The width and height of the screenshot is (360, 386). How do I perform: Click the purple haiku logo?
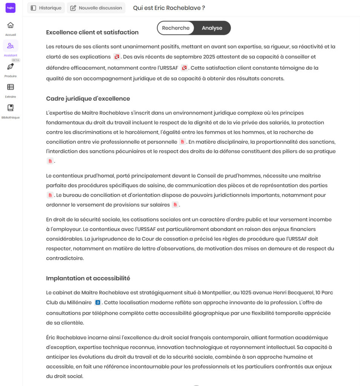(11, 8)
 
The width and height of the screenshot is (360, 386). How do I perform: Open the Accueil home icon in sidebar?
(11, 25)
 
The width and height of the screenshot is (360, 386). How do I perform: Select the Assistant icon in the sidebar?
(11, 46)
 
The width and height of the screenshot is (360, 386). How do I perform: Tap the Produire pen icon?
(11, 67)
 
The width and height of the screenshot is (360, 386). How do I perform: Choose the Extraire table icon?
(11, 87)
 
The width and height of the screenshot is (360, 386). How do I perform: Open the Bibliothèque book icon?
(11, 108)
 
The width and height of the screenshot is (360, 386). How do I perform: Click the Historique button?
(46, 8)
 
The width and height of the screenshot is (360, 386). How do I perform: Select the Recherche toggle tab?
(176, 28)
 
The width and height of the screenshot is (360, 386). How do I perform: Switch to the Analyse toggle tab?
(212, 28)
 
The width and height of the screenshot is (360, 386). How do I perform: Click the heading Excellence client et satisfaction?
(92, 32)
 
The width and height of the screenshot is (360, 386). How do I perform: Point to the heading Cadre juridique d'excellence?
(88, 99)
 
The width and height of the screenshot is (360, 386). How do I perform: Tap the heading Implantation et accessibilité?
(88, 278)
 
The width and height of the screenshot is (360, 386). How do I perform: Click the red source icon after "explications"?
(117, 57)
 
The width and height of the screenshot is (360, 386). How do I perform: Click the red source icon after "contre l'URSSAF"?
(184, 68)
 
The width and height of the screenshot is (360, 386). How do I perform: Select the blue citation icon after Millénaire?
(98, 302)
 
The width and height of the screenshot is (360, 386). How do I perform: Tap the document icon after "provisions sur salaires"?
(175, 205)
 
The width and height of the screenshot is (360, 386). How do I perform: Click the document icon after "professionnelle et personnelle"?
(182, 142)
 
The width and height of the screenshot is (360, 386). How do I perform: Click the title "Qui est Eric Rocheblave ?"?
(169, 8)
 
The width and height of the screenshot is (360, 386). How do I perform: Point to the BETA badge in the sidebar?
(15, 60)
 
